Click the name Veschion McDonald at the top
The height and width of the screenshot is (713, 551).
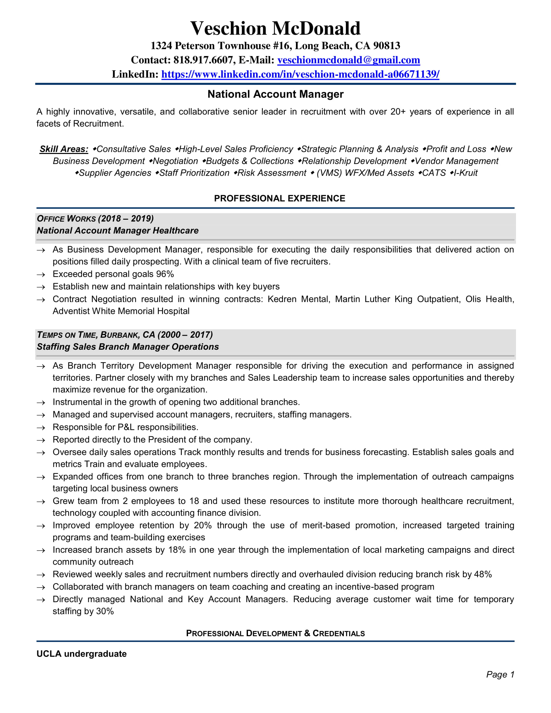(x=275, y=29)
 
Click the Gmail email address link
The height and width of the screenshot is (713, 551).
(x=348, y=60)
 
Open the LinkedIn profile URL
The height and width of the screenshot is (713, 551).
(x=300, y=75)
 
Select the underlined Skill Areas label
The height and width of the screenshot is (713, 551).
(x=64, y=149)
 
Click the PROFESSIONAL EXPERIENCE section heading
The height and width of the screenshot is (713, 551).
(x=279, y=198)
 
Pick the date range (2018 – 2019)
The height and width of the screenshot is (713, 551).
(x=126, y=219)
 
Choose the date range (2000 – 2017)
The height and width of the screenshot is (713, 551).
(x=185, y=335)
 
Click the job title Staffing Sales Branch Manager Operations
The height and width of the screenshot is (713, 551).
(x=128, y=347)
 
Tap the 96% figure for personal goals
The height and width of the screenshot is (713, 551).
(x=165, y=274)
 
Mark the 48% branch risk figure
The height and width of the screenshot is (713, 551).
(x=483, y=574)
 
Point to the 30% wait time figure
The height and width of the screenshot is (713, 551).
(x=105, y=611)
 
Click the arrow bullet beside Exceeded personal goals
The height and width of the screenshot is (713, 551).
(x=41, y=275)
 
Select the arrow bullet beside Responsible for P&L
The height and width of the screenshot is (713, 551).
(x=41, y=428)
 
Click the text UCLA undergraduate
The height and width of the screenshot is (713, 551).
(x=82, y=654)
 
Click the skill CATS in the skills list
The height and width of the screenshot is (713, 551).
(x=434, y=173)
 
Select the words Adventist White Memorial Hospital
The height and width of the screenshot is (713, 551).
(x=121, y=311)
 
